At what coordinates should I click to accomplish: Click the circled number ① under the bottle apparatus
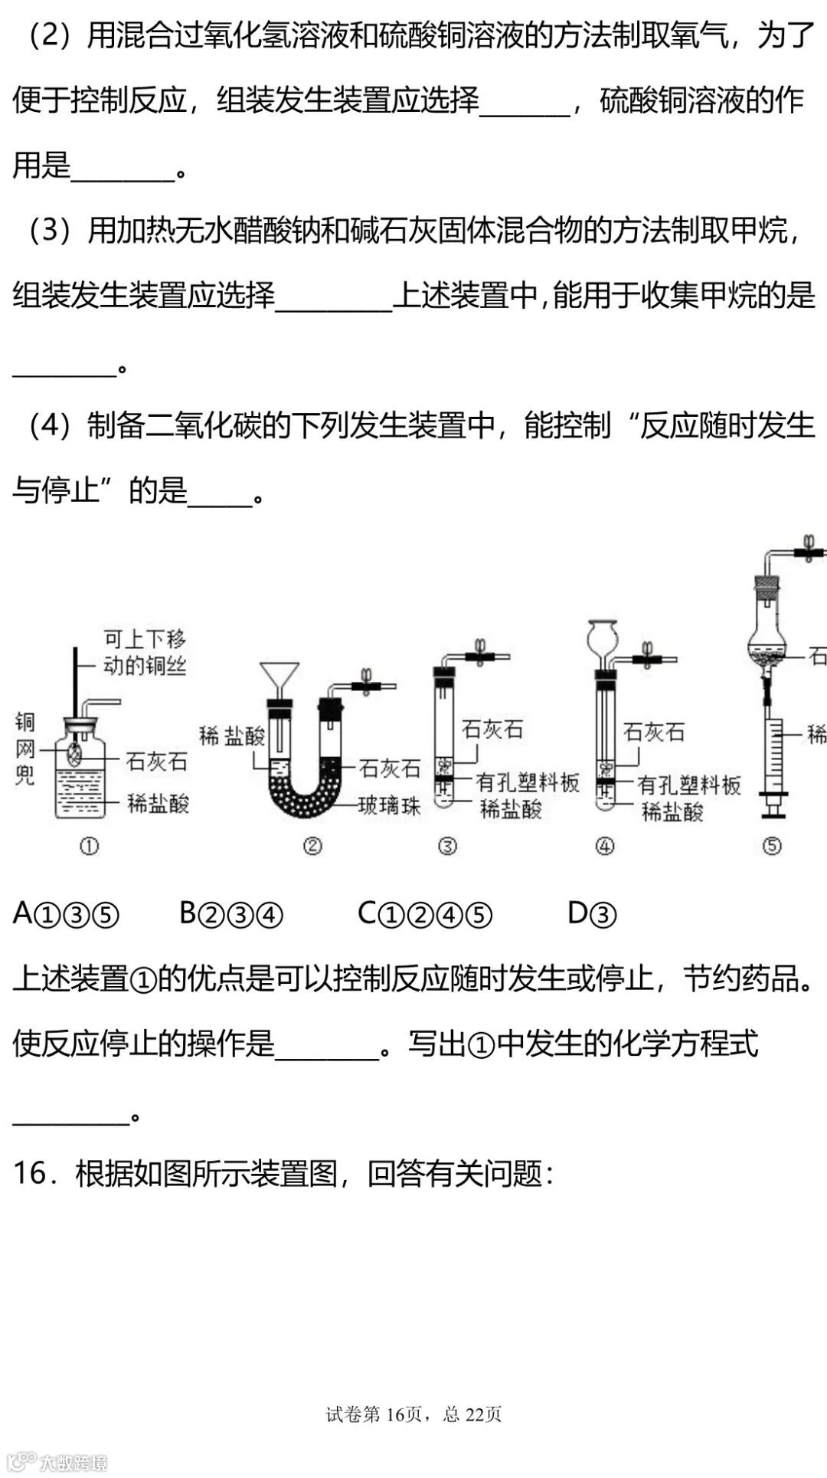click(x=89, y=846)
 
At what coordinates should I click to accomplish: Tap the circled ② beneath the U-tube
click(x=312, y=846)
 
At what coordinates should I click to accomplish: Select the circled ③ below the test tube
click(x=447, y=846)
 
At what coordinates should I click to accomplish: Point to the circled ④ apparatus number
click(x=605, y=846)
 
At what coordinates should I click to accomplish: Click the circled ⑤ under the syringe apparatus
click(x=772, y=846)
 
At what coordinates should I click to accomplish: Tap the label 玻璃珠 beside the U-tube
click(x=390, y=805)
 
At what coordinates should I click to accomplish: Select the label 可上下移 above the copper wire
click(x=145, y=639)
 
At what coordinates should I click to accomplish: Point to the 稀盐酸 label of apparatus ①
click(x=158, y=804)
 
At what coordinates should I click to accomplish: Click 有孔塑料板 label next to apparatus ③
click(x=528, y=782)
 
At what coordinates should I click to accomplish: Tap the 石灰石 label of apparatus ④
click(x=653, y=732)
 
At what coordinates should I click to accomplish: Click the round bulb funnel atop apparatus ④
click(x=602, y=634)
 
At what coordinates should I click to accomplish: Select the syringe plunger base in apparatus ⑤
click(x=772, y=805)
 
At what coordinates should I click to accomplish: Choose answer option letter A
click(x=23, y=913)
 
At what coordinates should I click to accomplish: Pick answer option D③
click(x=592, y=913)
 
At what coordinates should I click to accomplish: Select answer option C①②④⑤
click(x=425, y=913)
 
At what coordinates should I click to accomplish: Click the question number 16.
click(x=31, y=1173)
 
